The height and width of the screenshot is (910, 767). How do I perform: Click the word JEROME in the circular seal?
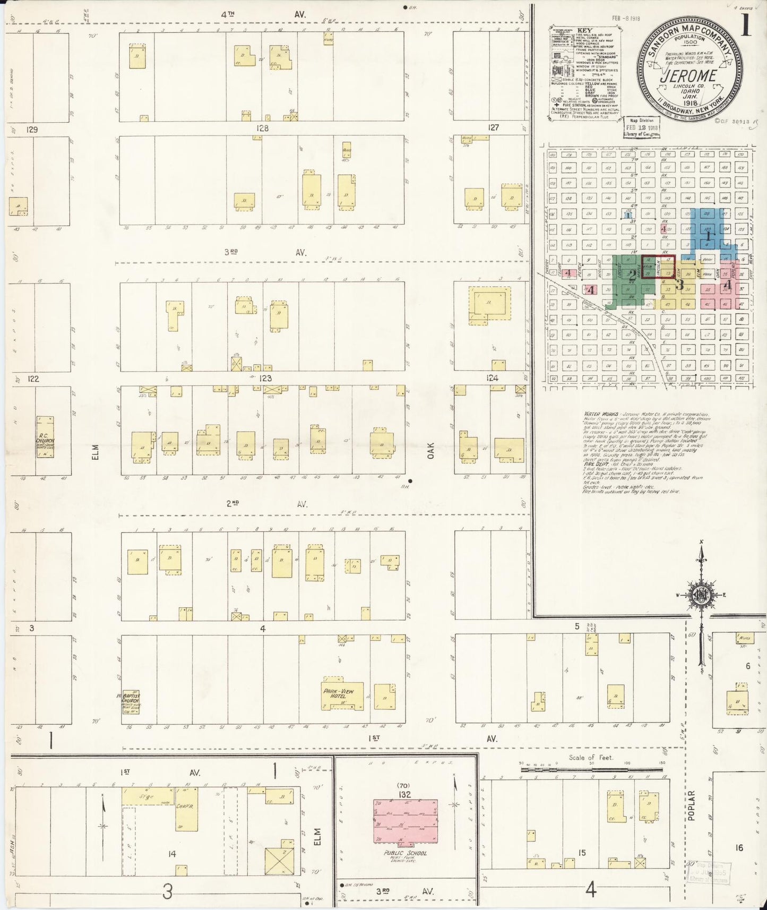tap(688, 75)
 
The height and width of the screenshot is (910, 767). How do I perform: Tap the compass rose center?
tap(701, 595)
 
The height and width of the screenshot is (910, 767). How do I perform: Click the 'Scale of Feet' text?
tap(590, 758)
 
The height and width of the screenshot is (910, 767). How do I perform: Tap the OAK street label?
tap(431, 451)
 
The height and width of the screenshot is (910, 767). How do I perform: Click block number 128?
tap(262, 128)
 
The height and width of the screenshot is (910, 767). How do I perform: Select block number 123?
tap(265, 379)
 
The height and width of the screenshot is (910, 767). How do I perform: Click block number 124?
tap(492, 379)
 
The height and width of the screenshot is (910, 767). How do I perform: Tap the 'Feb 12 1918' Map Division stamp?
tap(641, 128)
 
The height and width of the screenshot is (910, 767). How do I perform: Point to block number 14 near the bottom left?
tap(171, 854)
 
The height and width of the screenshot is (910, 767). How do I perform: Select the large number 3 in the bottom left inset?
tap(167, 891)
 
